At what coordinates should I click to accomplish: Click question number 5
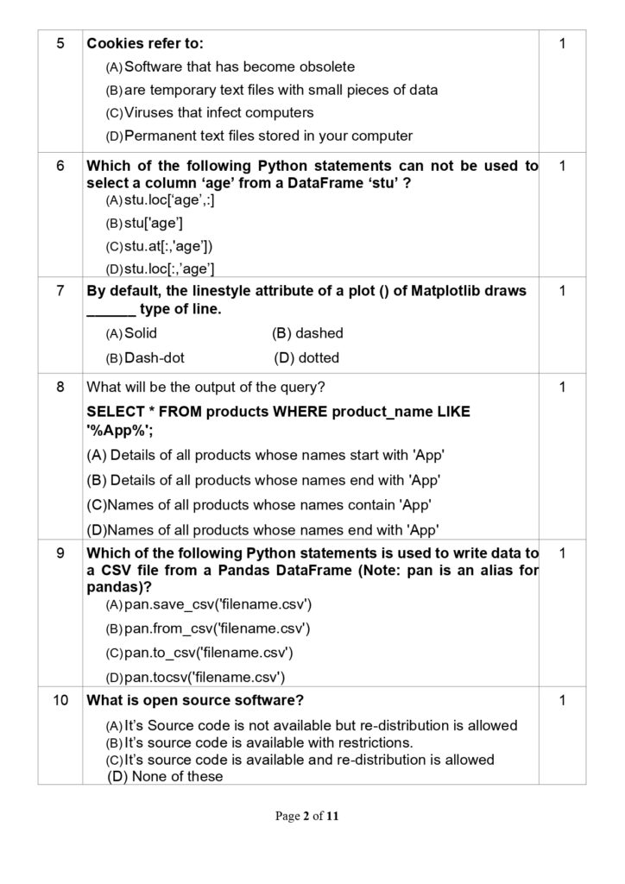(60, 43)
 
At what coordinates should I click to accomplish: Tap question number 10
(60, 700)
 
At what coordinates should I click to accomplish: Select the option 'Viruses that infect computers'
(218, 112)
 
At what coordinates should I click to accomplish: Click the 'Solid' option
(141, 333)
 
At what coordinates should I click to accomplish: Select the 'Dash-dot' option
(154, 357)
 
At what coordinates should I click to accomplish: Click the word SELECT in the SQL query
(115, 412)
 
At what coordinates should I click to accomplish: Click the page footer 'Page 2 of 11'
(312, 815)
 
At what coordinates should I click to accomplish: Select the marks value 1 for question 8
(562, 388)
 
